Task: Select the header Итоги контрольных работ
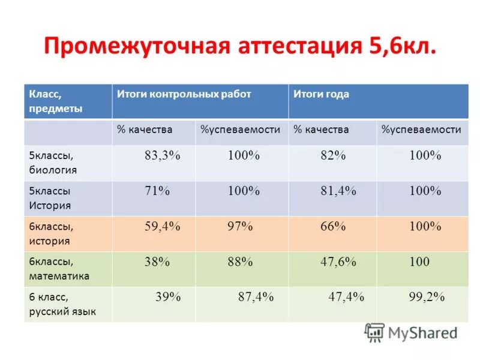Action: click(184, 94)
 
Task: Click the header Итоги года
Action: click(321, 94)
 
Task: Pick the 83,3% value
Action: click(162, 155)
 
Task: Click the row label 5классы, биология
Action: click(53, 163)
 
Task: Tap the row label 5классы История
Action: click(50, 198)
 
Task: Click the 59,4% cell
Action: click(162, 226)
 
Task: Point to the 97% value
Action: click(240, 226)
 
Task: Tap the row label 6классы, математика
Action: click(59, 269)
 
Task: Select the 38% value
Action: click(157, 262)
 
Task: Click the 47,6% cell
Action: click(338, 262)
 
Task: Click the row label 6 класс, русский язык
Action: click(62, 304)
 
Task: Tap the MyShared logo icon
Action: click(374, 332)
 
